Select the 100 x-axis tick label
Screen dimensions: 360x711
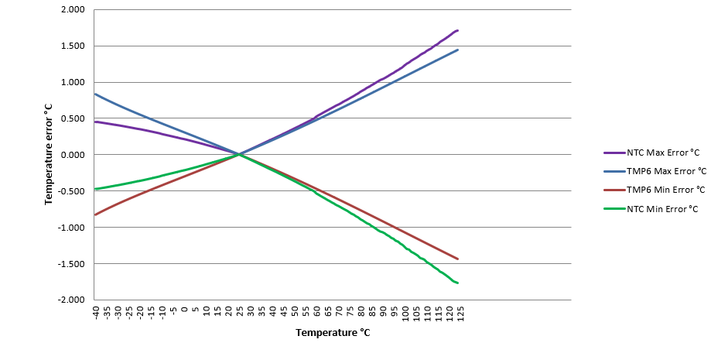coord(405,313)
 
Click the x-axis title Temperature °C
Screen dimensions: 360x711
coord(333,333)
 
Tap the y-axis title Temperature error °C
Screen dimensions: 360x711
coord(48,155)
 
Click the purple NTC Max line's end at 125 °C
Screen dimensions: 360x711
coord(458,30)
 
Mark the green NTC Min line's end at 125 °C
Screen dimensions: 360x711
coord(458,283)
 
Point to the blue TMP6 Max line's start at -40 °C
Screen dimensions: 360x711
coord(94,94)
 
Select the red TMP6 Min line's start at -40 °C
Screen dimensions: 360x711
coord(94,214)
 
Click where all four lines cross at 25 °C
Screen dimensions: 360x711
coord(239,155)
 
